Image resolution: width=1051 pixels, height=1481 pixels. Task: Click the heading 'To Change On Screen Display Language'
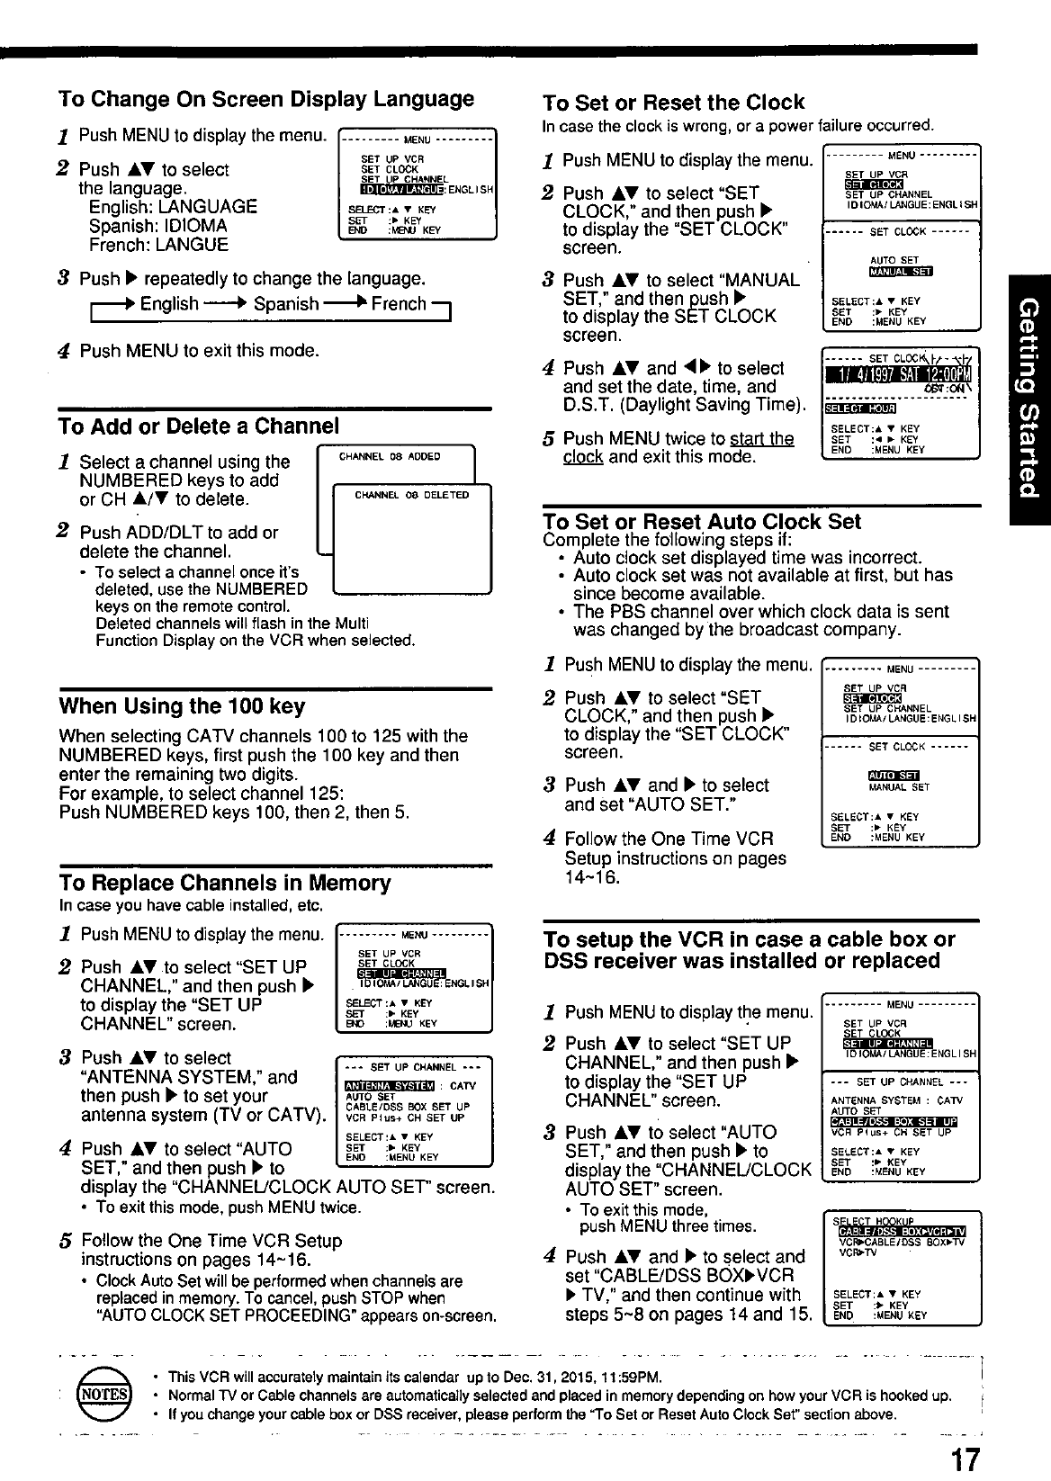coord(266,98)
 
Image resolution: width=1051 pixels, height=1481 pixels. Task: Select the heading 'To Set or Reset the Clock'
coord(674,102)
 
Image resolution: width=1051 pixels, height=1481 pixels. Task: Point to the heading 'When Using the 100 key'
coord(182,705)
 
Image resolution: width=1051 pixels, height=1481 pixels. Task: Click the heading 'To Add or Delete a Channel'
coord(199,426)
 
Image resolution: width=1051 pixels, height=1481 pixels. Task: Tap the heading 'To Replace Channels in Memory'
coord(225,883)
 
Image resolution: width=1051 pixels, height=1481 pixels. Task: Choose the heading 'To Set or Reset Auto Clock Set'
coord(702,522)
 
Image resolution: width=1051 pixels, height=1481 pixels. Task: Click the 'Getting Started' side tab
coord(1029,398)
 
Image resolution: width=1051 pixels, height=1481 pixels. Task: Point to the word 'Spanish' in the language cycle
coord(286,304)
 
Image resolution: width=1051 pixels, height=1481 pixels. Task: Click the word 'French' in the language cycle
coord(399,304)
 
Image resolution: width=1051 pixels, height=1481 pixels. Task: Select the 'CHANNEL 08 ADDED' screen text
coord(390,457)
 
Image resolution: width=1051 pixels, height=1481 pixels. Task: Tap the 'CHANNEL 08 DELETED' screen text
coord(412,495)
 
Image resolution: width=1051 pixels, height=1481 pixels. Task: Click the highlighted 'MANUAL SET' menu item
coord(902,273)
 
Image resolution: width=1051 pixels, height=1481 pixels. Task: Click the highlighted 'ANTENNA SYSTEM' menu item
coord(390,1086)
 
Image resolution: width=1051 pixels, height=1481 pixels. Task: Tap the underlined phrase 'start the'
coord(762,438)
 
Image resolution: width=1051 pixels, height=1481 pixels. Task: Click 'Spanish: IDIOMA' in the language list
coord(157,226)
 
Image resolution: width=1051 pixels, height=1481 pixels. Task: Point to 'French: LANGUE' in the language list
coord(158,245)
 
